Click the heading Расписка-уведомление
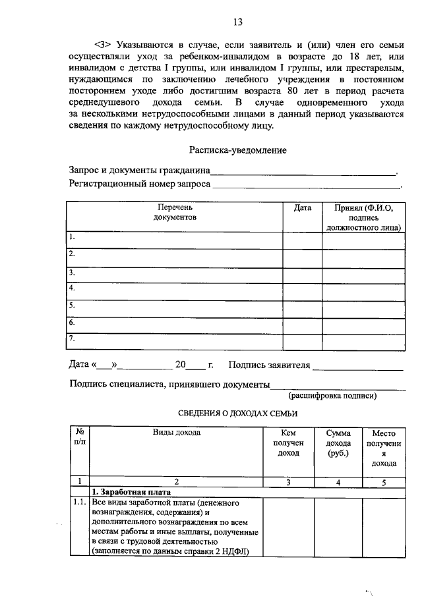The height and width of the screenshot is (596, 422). (238, 150)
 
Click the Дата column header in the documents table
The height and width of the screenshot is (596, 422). (302, 207)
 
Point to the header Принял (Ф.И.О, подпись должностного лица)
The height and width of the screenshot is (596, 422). (363, 217)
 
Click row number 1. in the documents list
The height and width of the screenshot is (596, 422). (73, 236)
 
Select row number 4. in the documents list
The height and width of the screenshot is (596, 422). (73, 288)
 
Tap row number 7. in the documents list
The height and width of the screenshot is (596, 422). (73, 339)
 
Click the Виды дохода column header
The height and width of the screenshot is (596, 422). (177, 432)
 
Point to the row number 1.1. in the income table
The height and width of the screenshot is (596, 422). (79, 503)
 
